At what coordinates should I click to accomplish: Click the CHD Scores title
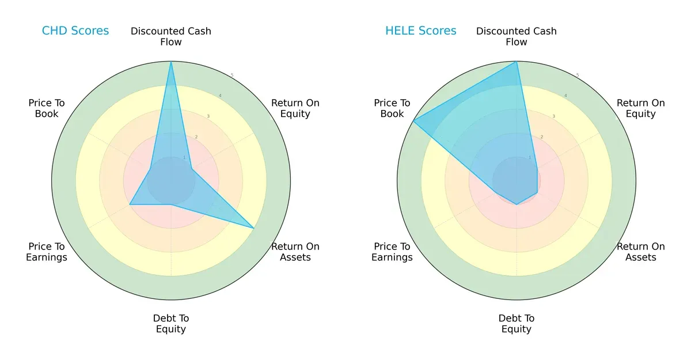coord(75,31)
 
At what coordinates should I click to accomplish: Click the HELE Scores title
coord(421,31)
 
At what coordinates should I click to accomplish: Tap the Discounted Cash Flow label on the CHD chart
coord(171,36)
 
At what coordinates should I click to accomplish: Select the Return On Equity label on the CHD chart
coord(295,108)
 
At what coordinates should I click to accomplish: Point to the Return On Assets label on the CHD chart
coord(295,252)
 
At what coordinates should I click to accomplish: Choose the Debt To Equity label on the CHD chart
coord(171,324)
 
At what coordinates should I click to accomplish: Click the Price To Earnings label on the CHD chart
coord(47,252)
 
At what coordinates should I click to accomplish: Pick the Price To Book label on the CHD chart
coord(47,108)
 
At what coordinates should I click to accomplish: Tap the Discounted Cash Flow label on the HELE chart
coord(517,36)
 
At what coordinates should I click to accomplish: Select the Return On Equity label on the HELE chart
coord(641,108)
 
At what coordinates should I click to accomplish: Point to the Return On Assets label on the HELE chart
coord(641,252)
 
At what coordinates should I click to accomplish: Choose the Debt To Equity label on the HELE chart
coord(517,324)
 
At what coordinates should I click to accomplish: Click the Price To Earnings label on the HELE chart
coord(392,252)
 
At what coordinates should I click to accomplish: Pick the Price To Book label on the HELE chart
coord(392,108)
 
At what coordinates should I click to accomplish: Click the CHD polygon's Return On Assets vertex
coord(254,228)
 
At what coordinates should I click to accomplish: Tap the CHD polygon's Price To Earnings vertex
coord(130,204)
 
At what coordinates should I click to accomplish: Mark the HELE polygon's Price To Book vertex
coord(413,121)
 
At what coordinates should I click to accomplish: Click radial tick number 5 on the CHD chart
coord(232,75)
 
